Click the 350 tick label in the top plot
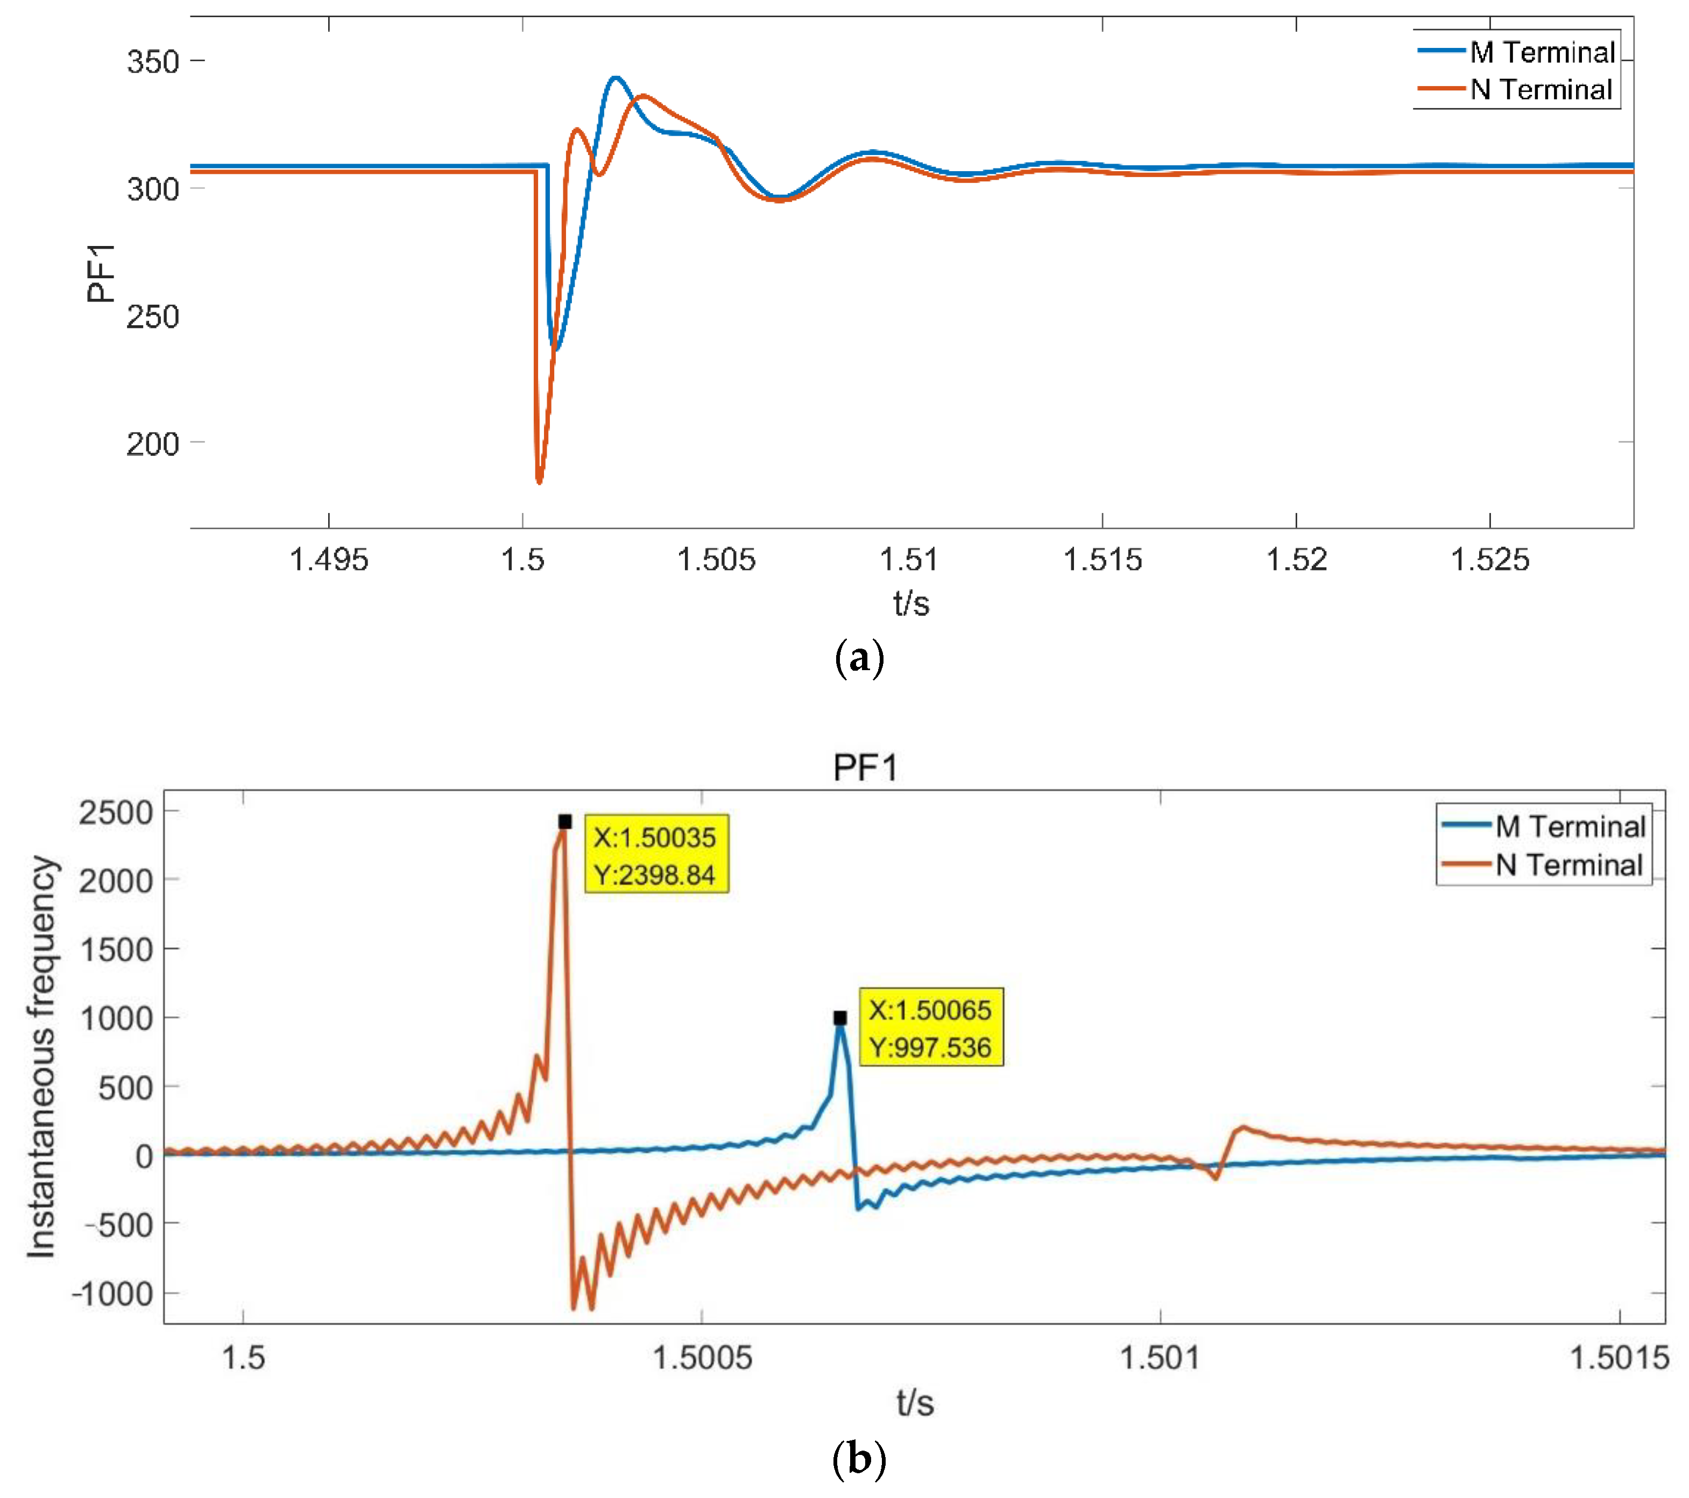pyautogui.click(x=153, y=62)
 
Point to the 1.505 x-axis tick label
pyautogui.click(x=716, y=560)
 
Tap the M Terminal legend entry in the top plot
pyautogui.click(x=1541, y=52)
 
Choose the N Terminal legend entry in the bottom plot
pyautogui.click(x=1568, y=865)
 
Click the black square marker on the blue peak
pyautogui.click(x=839, y=1018)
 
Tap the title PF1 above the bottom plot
pyautogui.click(x=864, y=768)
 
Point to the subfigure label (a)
pyautogui.click(x=859, y=659)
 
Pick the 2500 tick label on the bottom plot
pyautogui.click(x=116, y=813)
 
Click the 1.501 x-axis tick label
pyautogui.click(x=1160, y=1358)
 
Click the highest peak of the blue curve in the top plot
pyautogui.click(x=616, y=78)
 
